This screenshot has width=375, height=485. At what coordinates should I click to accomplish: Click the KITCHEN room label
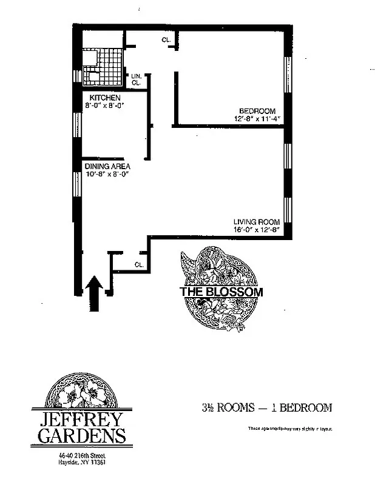(x=105, y=98)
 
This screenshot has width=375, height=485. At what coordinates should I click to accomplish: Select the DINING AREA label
(x=107, y=166)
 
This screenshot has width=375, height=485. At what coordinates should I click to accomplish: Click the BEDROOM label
(x=257, y=111)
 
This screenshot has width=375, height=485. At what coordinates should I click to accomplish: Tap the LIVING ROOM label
(x=256, y=222)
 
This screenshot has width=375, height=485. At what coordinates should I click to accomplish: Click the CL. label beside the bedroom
(x=166, y=40)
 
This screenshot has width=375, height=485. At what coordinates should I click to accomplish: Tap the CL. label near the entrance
(x=139, y=264)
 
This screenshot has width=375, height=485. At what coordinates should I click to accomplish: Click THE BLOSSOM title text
(x=221, y=292)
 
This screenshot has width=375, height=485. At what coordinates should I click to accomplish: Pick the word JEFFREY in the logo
(x=82, y=419)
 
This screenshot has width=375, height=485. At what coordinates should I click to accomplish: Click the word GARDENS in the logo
(x=82, y=435)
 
